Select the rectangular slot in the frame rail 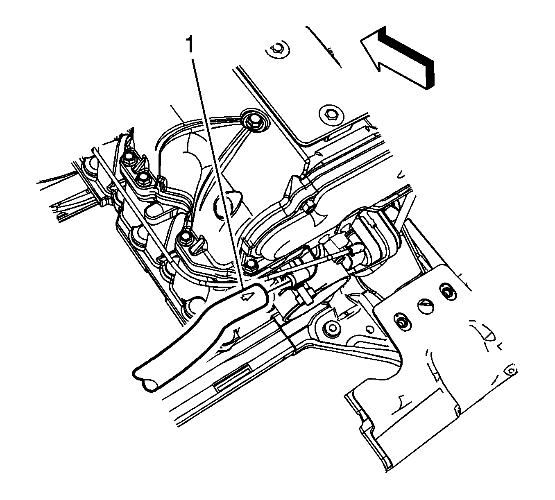click(x=233, y=376)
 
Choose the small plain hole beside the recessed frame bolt click(x=369, y=329)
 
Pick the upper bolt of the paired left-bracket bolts click(x=129, y=157)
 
